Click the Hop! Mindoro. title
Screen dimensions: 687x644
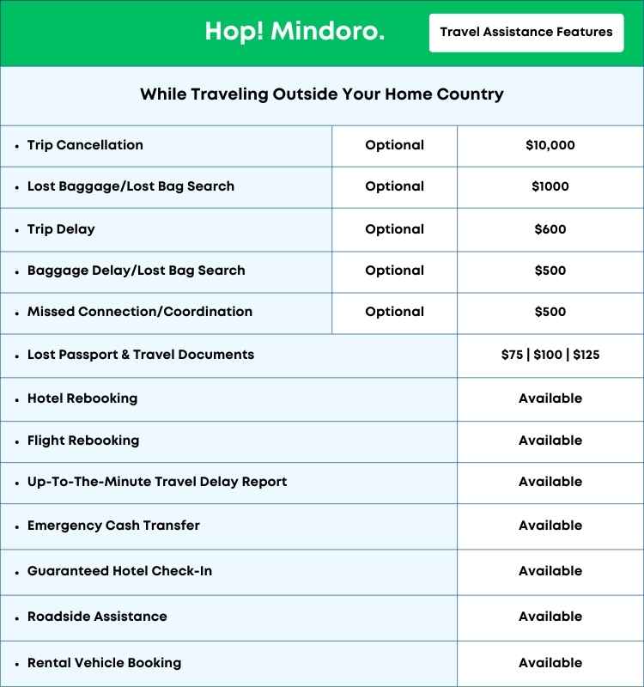tap(295, 33)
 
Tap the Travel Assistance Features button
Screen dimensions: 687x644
tap(526, 33)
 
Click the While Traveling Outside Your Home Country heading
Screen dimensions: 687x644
tap(322, 94)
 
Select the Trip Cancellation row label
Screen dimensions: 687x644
tap(85, 145)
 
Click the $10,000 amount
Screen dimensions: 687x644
tap(550, 145)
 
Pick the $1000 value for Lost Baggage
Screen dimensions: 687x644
tap(550, 186)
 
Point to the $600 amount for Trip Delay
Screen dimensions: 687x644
tap(550, 229)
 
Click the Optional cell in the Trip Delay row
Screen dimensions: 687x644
tap(394, 229)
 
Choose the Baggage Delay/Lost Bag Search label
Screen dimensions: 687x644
tap(136, 271)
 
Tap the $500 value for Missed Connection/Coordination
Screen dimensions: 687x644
tap(550, 312)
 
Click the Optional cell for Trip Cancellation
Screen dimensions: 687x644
tap(394, 145)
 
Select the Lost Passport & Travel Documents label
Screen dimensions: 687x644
tap(141, 355)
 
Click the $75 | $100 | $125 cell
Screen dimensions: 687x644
tap(550, 355)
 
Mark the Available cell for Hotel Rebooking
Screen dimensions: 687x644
tap(550, 398)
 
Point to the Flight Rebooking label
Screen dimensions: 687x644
tap(83, 441)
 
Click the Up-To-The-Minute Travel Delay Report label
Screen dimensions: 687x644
tap(157, 482)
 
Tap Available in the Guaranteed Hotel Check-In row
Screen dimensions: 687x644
tap(550, 571)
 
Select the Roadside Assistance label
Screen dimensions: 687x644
tap(97, 617)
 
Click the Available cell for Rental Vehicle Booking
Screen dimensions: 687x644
tap(550, 663)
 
